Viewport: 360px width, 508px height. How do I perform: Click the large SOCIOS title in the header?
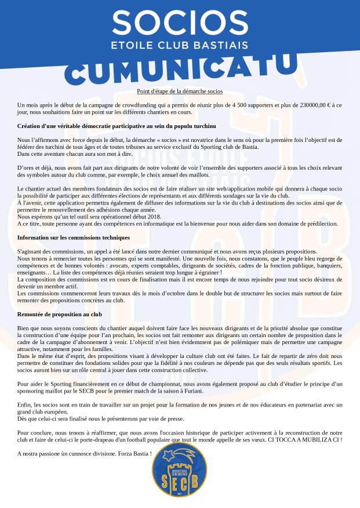tap(180, 23)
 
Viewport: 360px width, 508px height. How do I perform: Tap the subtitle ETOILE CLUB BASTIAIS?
tap(180, 45)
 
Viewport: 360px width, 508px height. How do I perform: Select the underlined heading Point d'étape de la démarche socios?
tap(180, 92)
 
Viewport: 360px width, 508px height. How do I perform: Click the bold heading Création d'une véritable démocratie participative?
tap(117, 126)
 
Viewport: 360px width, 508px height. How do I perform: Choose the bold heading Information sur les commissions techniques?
tap(74, 237)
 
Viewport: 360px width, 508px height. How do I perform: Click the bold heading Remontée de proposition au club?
tap(60, 314)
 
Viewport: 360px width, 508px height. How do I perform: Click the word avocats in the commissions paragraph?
tap(140, 265)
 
